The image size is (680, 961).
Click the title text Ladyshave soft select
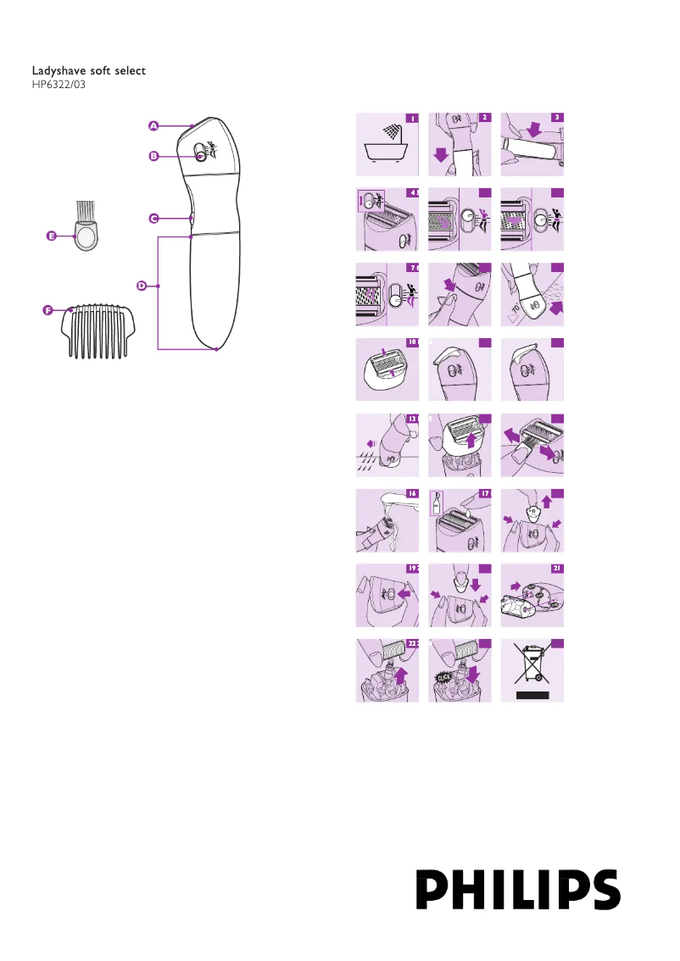(x=88, y=70)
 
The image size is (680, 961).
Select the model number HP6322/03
(x=59, y=85)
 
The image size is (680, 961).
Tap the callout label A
(x=153, y=125)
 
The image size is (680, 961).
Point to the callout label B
(x=153, y=155)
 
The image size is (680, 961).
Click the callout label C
(x=153, y=218)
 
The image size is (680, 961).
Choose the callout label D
(x=142, y=286)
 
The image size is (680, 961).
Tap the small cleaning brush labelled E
(x=85, y=227)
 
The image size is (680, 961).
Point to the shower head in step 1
(x=392, y=132)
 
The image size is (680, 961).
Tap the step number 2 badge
(x=484, y=118)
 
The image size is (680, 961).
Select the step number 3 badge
(x=557, y=118)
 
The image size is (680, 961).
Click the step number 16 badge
(x=411, y=492)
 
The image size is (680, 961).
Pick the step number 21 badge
(x=557, y=568)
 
